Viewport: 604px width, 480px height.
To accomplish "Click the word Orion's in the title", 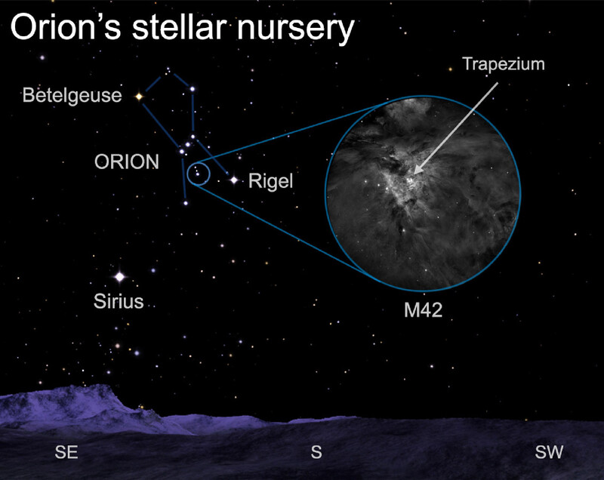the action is (x=66, y=27).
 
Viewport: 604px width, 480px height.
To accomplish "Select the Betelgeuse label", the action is (x=72, y=95).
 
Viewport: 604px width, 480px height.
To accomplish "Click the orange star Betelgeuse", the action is (x=139, y=97).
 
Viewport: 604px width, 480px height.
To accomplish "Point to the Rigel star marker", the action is (x=234, y=180).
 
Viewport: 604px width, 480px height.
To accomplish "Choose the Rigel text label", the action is (x=271, y=181).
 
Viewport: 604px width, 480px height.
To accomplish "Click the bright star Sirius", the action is (x=120, y=276).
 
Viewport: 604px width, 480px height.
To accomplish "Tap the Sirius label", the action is (x=119, y=301).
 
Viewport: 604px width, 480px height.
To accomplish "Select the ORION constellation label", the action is (x=127, y=162).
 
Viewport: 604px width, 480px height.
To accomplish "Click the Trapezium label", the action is (x=504, y=64).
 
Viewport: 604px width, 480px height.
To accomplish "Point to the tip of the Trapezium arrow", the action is (x=414, y=174).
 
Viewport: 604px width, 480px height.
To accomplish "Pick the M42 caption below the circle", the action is (x=423, y=310).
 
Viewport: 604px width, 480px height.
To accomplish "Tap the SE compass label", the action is (x=66, y=452).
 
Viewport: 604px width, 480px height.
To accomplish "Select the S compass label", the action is (x=316, y=452).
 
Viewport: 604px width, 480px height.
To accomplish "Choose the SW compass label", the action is (x=550, y=452).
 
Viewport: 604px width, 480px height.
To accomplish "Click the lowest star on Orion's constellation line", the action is (x=186, y=203).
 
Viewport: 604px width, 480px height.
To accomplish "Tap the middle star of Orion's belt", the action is (x=187, y=144).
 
